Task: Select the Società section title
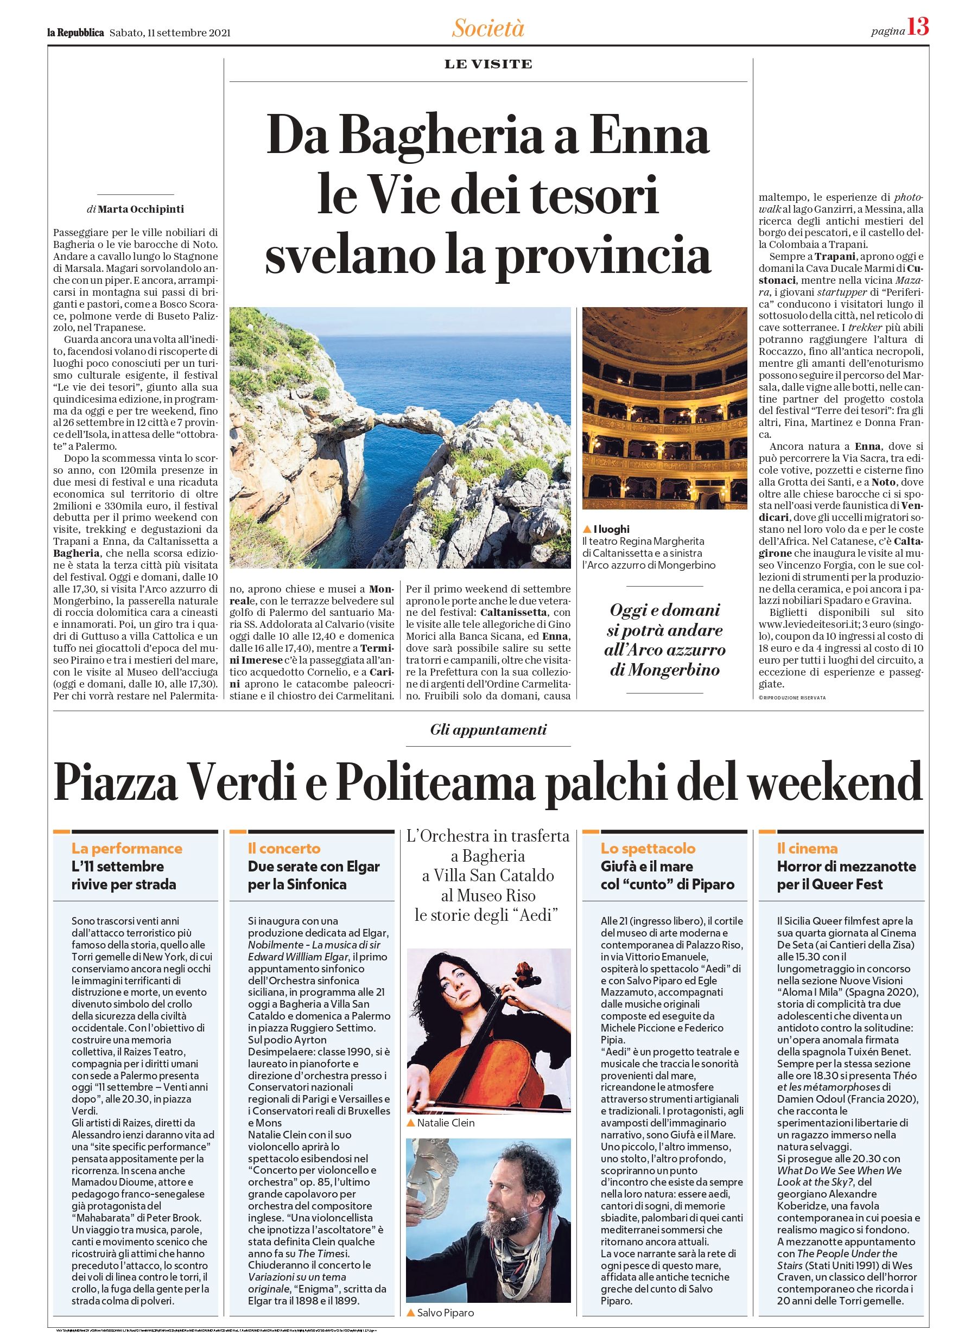[488, 28]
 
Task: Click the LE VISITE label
[488, 64]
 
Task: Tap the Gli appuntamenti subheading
[488, 729]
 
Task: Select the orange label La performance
[126, 848]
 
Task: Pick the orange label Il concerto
[284, 848]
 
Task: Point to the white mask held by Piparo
[433, 1173]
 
